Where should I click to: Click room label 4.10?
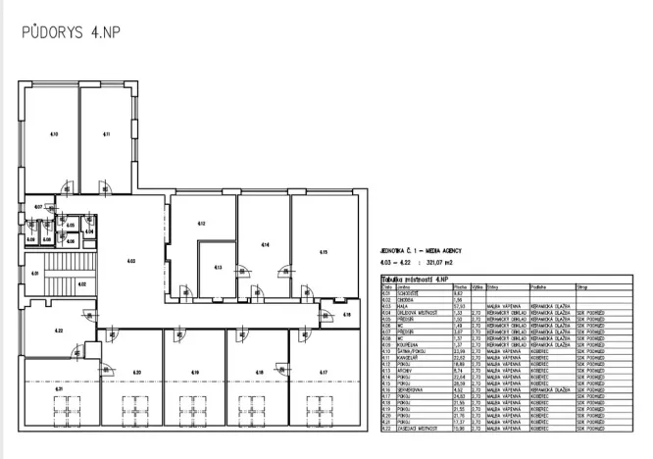[x=54, y=131]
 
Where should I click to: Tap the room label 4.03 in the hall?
[x=129, y=260]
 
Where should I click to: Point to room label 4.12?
[x=200, y=224]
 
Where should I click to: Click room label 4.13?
[x=218, y=267]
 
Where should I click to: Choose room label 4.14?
[x=264, y=243]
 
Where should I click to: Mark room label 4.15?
[x=323, y=252]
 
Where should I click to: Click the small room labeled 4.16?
[x=346, y=314]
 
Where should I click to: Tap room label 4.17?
[x=323, y=373]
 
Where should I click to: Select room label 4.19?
[x=195, y=373]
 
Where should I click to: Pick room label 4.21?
[x=59, y=389]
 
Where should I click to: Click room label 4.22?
[x=59, y=331]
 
